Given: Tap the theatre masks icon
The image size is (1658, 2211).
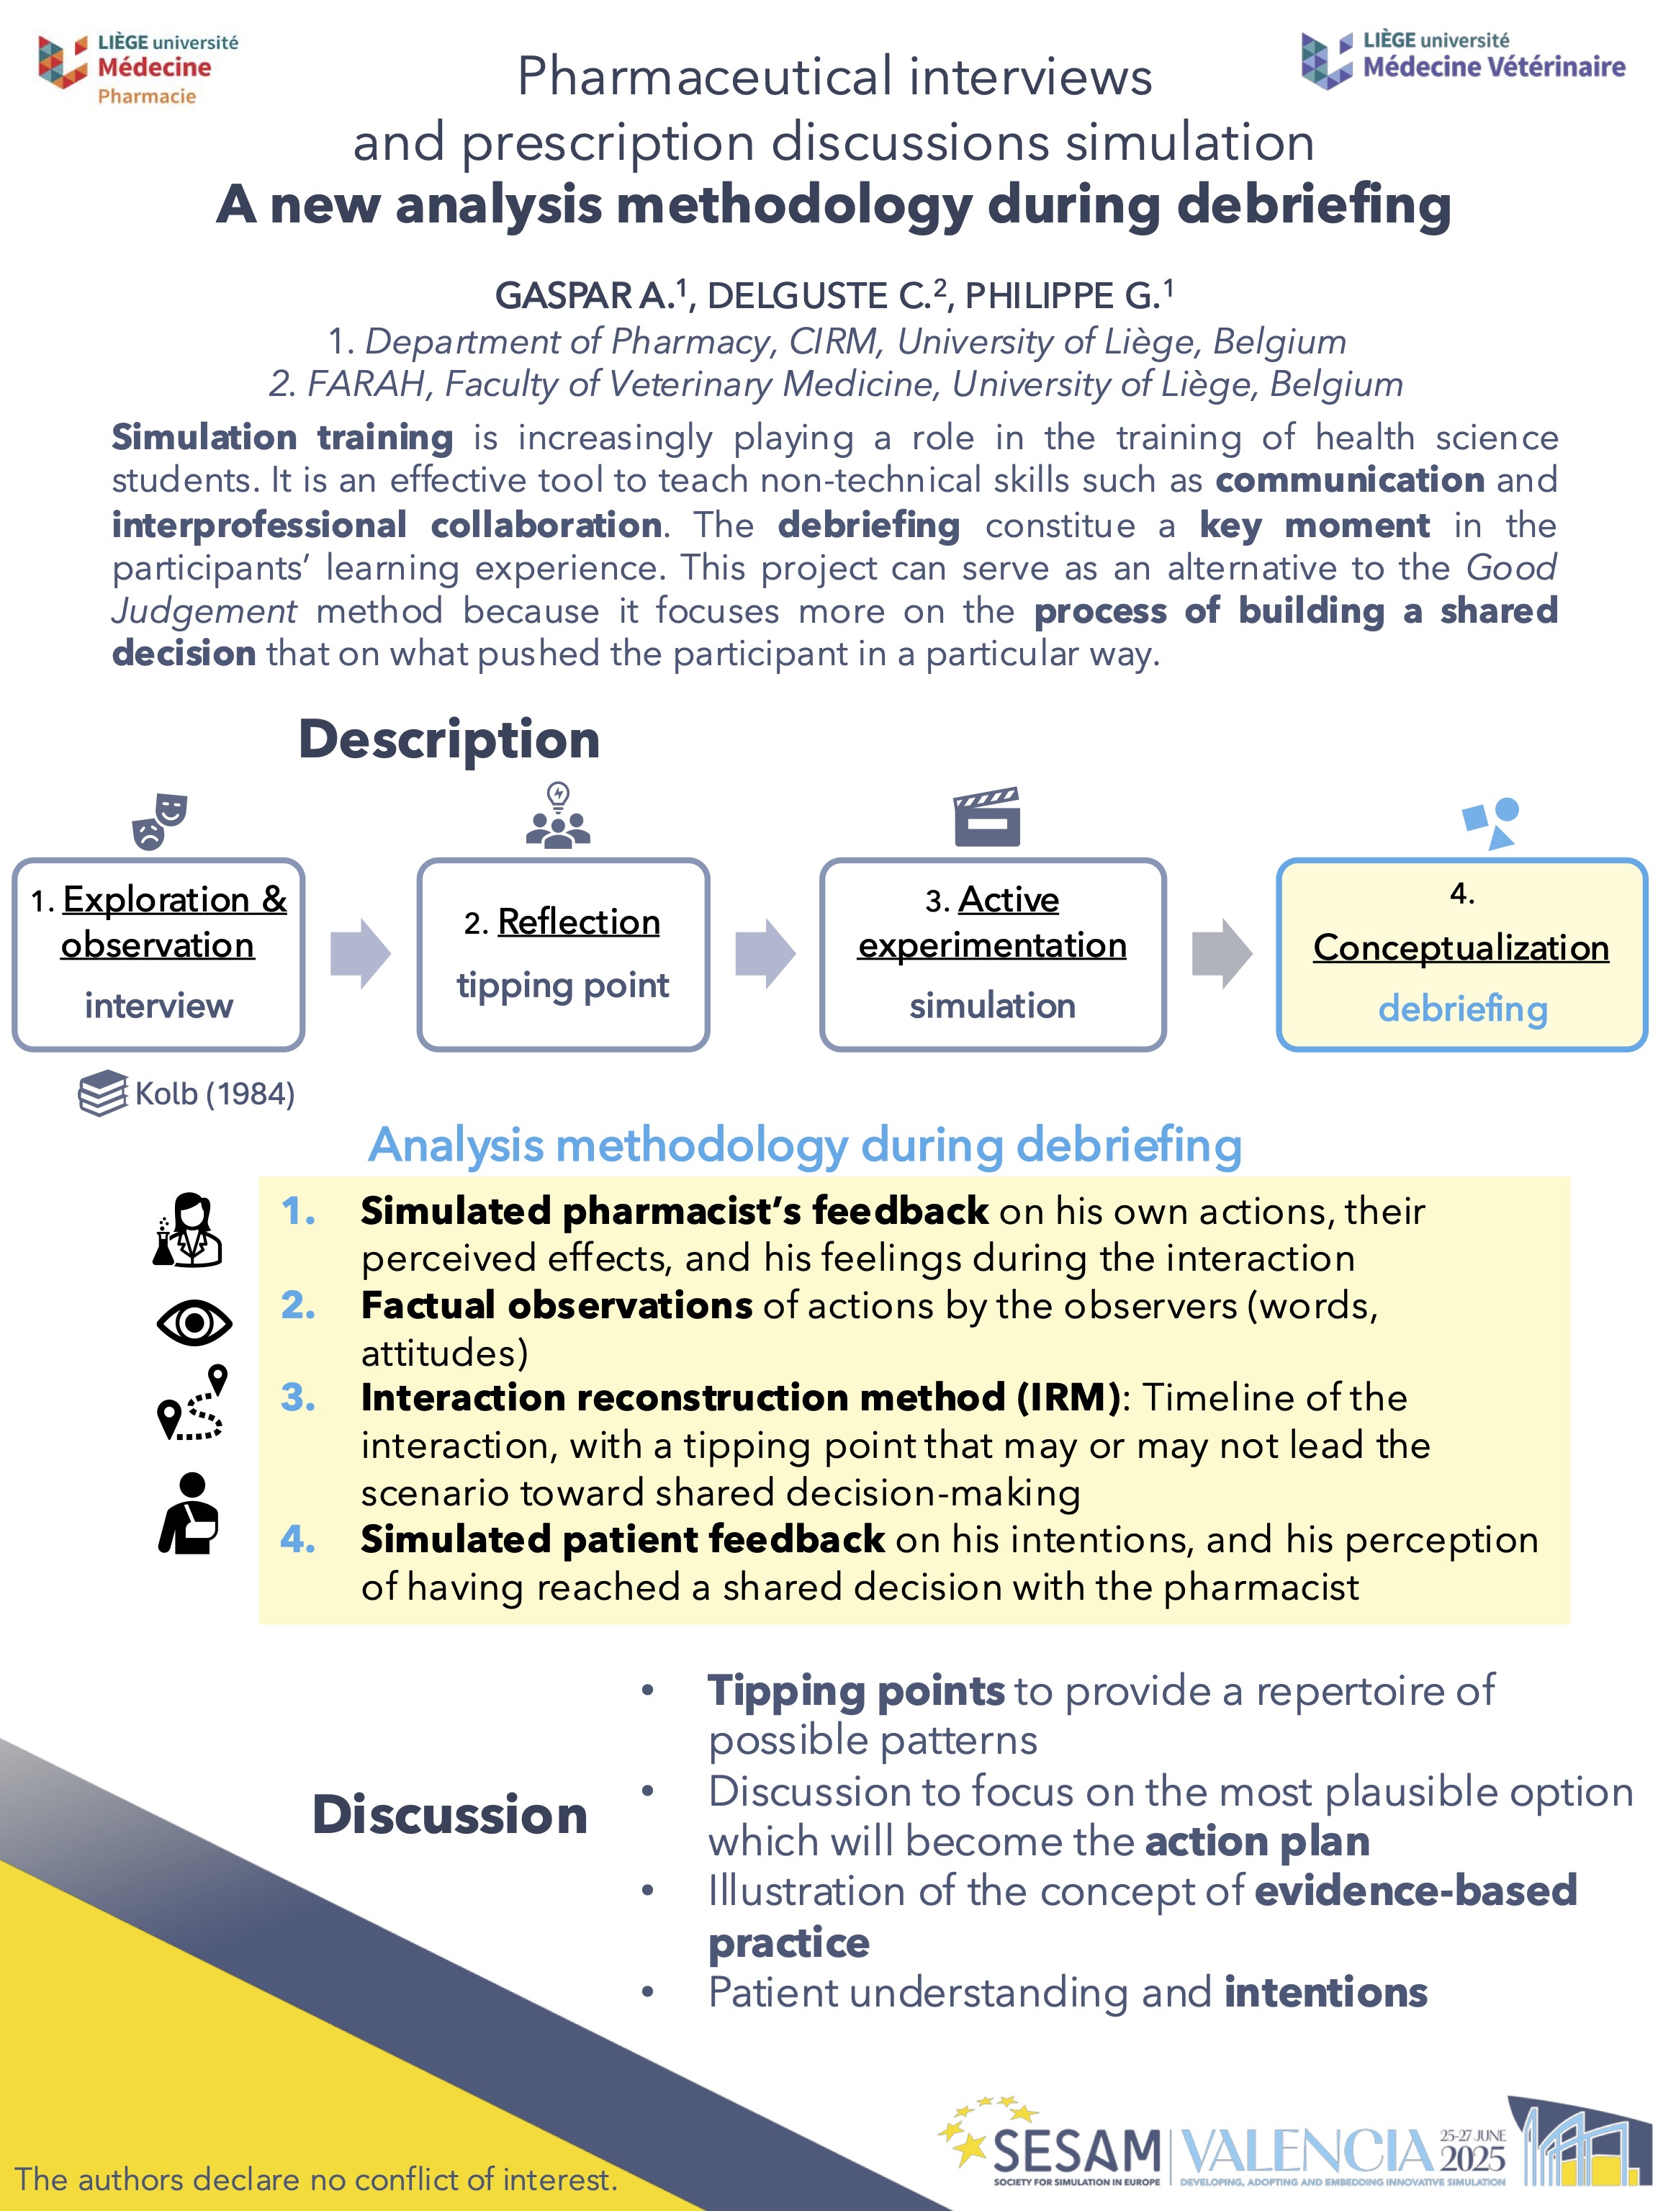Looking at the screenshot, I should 159,821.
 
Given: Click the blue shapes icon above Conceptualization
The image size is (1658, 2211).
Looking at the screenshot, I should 1491,823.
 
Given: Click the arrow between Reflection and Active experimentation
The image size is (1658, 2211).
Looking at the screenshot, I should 765,953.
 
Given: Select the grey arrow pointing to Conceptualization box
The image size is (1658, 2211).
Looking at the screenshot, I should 1220,953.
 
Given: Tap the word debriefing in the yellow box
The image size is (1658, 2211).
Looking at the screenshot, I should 1462,1009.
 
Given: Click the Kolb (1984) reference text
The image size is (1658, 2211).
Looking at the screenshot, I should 214,1094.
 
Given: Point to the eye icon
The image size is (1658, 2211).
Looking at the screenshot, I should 194,1323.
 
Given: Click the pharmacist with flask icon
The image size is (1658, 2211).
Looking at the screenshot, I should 189,1230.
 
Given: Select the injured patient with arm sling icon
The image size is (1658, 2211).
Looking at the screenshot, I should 189,1513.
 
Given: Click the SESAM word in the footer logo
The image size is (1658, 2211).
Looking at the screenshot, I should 1076,2149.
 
